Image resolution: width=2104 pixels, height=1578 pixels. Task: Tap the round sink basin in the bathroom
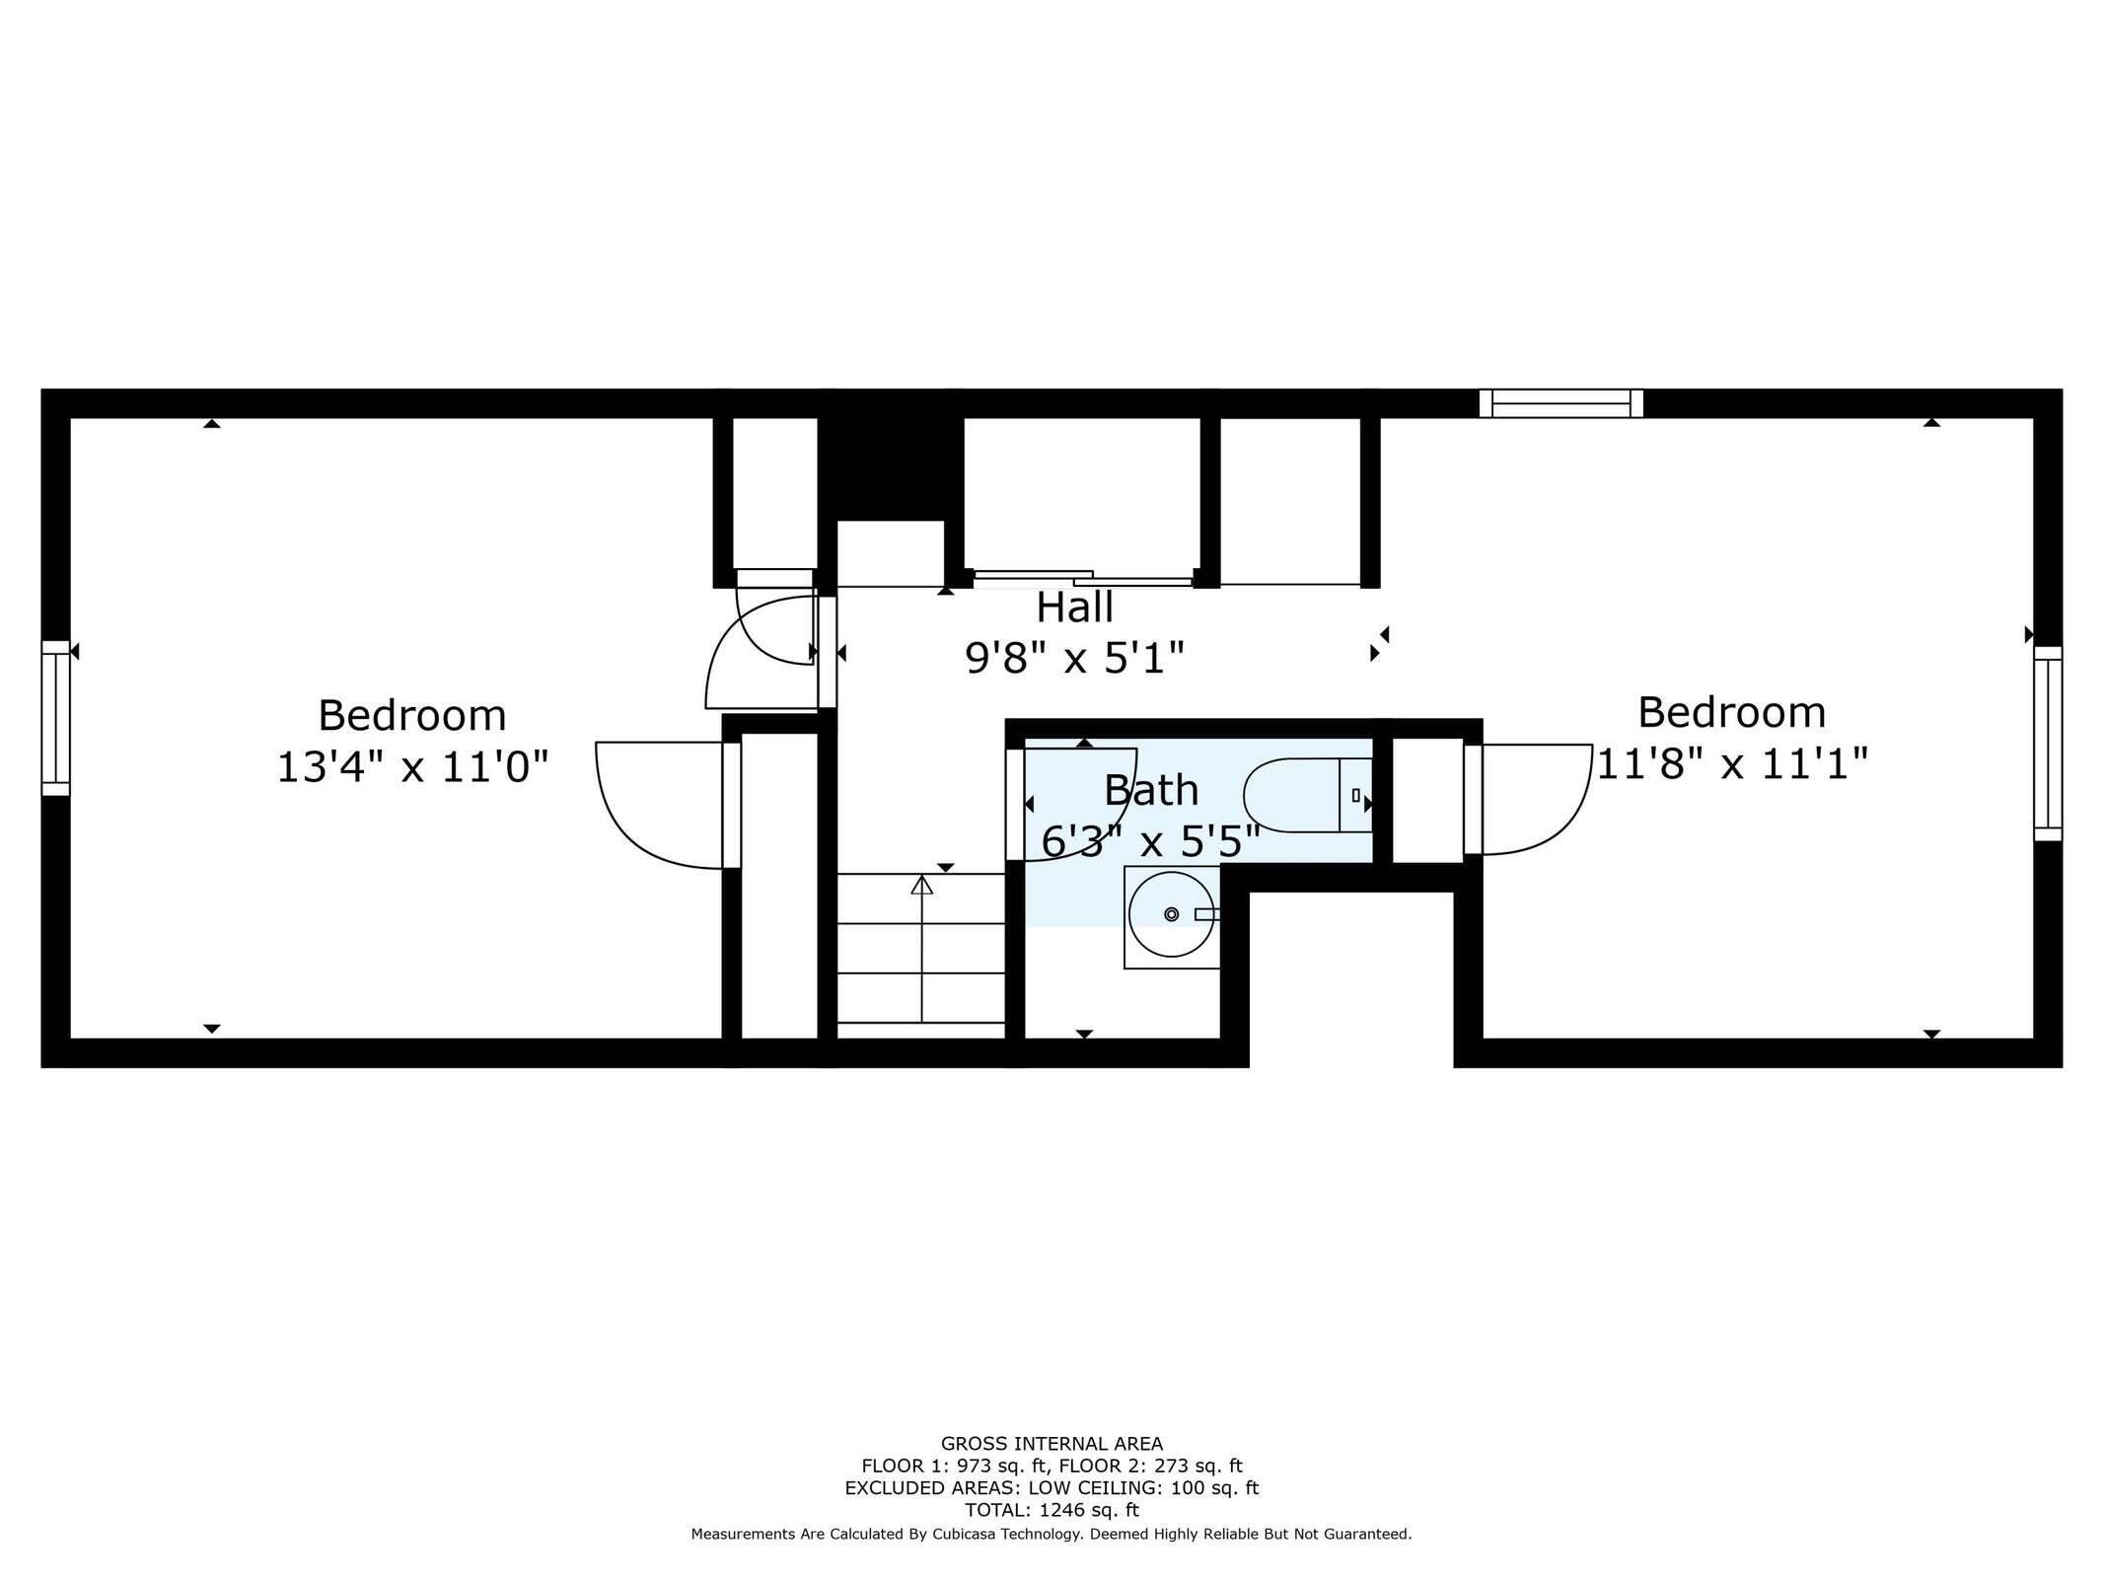coord(1171,913)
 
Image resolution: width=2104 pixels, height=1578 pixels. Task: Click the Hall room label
coord(1074,608)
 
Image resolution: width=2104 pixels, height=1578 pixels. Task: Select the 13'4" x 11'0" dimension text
coord(411,767)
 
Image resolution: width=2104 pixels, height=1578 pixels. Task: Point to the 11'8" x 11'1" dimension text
coord(1732,763)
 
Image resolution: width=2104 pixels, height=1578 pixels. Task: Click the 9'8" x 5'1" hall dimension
coord(1074,658)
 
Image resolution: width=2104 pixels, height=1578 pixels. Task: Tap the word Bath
coord(1151,790)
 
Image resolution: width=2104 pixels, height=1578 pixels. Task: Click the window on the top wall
coord(1560,403)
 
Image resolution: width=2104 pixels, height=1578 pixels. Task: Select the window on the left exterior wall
coord(55,718)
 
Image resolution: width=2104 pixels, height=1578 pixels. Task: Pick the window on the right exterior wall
coord(2048,744)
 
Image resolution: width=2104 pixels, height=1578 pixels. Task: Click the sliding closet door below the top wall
coord(1082,579)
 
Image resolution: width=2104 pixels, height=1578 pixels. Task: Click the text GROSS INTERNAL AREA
coord(1052,1444)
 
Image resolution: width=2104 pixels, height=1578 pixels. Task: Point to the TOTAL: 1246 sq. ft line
coord(1052,1510)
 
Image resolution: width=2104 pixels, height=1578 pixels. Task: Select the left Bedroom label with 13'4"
coord(411,715)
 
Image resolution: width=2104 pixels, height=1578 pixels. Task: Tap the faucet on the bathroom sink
coord(1205,914)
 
